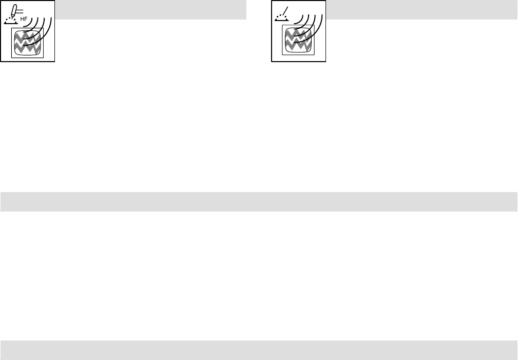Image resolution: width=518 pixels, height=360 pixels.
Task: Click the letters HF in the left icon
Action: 24,20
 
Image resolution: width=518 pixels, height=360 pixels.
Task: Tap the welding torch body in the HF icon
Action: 15,10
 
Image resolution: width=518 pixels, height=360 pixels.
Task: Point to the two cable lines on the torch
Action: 20,10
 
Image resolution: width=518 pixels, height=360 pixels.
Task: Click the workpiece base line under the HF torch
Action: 11,24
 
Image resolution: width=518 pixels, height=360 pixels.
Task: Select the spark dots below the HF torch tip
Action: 11,20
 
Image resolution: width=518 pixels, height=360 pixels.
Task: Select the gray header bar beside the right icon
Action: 421,9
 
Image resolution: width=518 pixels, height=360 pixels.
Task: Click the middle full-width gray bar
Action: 259,201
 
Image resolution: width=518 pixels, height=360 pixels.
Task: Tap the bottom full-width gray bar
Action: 259,349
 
